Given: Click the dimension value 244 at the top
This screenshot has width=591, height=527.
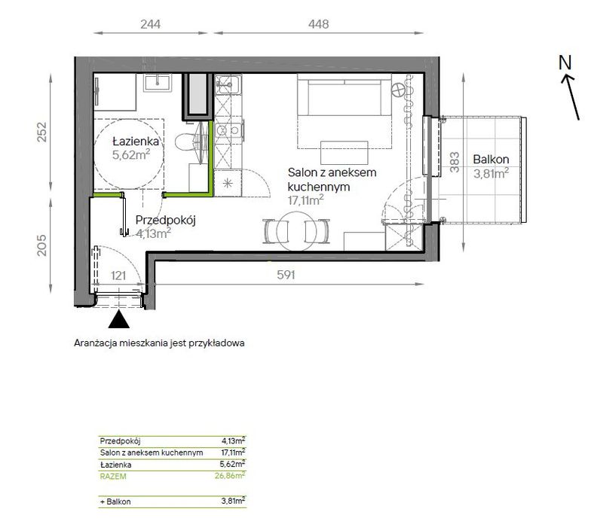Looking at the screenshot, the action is pos(151,24).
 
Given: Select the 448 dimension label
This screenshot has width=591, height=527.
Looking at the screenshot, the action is pos(318,24).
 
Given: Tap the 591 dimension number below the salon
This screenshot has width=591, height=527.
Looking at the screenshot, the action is pos(286,275).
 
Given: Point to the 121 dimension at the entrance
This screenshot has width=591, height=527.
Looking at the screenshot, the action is pos(118,276).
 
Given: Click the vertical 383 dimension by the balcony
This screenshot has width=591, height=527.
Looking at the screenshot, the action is pos(455,162).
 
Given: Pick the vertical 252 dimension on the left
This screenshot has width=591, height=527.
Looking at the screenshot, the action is pos(42,132).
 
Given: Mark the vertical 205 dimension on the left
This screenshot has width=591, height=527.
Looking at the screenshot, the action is pos(42,245).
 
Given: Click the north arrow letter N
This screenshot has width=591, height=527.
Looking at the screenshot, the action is pos(565,62).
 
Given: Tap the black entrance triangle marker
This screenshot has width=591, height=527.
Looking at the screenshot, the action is pos(119,319).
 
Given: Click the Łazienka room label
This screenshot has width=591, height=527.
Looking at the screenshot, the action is pos(136,142).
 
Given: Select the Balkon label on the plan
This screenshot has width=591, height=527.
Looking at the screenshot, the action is pos(491,160).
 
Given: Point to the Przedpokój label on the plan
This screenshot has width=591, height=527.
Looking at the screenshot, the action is pos(166,220).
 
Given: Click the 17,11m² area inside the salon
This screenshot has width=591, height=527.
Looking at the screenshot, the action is pos(306,200).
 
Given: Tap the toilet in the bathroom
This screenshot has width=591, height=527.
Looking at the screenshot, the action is pos(185,142).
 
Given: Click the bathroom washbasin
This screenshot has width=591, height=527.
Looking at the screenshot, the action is pos(158,83).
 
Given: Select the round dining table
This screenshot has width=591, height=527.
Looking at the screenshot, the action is pos(297,230).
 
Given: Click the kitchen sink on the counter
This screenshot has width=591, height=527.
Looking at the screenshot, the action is pos(228,84).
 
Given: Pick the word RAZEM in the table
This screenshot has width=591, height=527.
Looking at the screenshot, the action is pos(113,476).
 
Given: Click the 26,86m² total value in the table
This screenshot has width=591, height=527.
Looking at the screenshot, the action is pos(230,476).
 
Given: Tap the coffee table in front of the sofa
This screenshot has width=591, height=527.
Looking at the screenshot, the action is pos(344,152).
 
